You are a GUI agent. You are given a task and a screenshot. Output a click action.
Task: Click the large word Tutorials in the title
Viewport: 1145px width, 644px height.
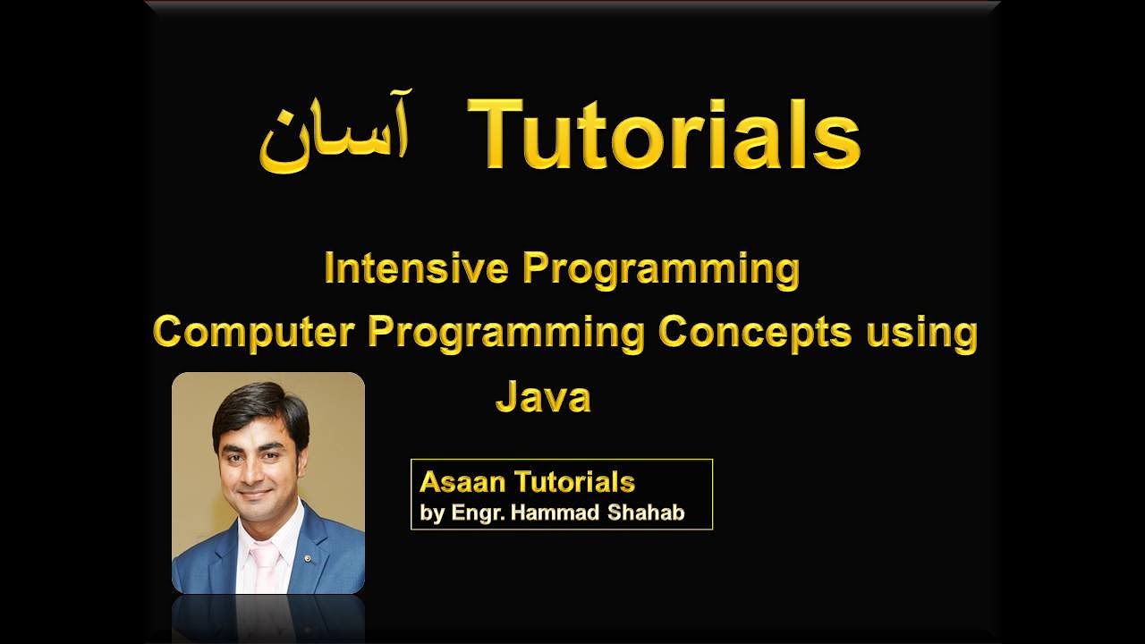point(664,135)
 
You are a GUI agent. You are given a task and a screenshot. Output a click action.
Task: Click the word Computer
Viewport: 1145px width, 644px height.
point(255,333)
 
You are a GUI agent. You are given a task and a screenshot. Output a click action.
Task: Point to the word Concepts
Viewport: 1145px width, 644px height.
point(755,333)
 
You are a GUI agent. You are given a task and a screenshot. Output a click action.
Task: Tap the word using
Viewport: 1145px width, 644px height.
point(921,334)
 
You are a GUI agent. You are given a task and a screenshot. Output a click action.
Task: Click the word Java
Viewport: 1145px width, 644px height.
point(543,397)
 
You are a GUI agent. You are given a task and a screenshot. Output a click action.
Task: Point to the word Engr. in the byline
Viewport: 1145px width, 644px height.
point(477,515)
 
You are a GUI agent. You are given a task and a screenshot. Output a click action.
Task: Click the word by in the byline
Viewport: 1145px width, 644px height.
point(432,516)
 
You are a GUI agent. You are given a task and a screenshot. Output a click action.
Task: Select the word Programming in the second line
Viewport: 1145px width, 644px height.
point(506,333)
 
